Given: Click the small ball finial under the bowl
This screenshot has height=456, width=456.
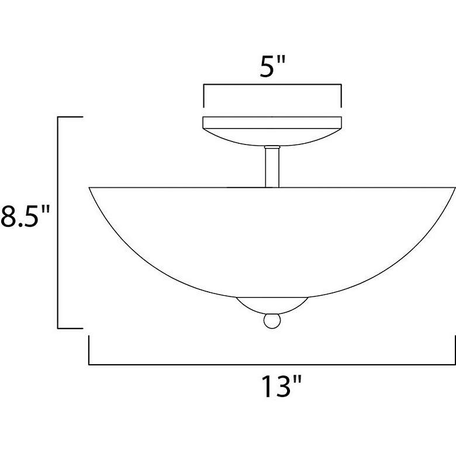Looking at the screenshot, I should [271, 321].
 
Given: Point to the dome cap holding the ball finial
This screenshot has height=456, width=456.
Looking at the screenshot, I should [271, 305].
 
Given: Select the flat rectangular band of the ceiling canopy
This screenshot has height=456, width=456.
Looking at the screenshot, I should [272, 123].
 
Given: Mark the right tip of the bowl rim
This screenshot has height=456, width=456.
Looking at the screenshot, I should [454, 188].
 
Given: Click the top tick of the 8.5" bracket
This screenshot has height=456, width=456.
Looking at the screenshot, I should [70, 118].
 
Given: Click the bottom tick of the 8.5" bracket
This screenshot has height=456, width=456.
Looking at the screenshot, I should [70, 328].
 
